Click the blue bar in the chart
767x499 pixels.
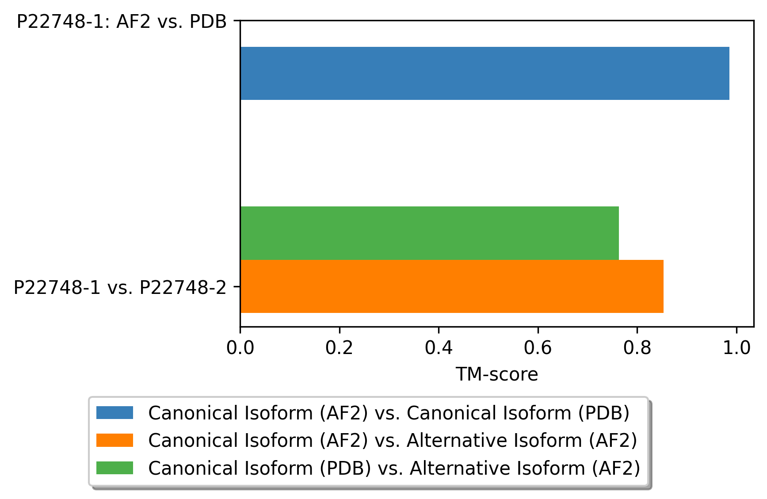point(485,73)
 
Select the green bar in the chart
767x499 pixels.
point(430,233)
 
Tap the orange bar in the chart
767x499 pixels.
point(452,286)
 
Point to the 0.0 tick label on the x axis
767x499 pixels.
point(240,348)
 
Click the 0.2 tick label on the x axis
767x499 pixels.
point(339,348)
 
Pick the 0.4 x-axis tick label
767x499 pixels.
point(439,348)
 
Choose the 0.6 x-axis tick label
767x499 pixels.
point(538,348)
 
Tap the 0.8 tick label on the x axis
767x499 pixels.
point(637,348)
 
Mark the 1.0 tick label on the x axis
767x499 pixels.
point(736,348)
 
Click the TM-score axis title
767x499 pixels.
point(497,374)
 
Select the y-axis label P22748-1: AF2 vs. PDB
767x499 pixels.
point(122,21)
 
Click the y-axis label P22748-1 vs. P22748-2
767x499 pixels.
point(120,287)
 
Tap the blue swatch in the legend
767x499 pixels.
point(115,413)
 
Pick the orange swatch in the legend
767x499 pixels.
point(115,440)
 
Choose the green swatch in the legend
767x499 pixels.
point(115,468)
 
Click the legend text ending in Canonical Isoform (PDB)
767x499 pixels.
point(389,413)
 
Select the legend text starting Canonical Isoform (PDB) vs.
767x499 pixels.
point(394,468)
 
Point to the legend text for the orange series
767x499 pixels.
point(393,441)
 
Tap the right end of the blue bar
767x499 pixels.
point(729,73)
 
